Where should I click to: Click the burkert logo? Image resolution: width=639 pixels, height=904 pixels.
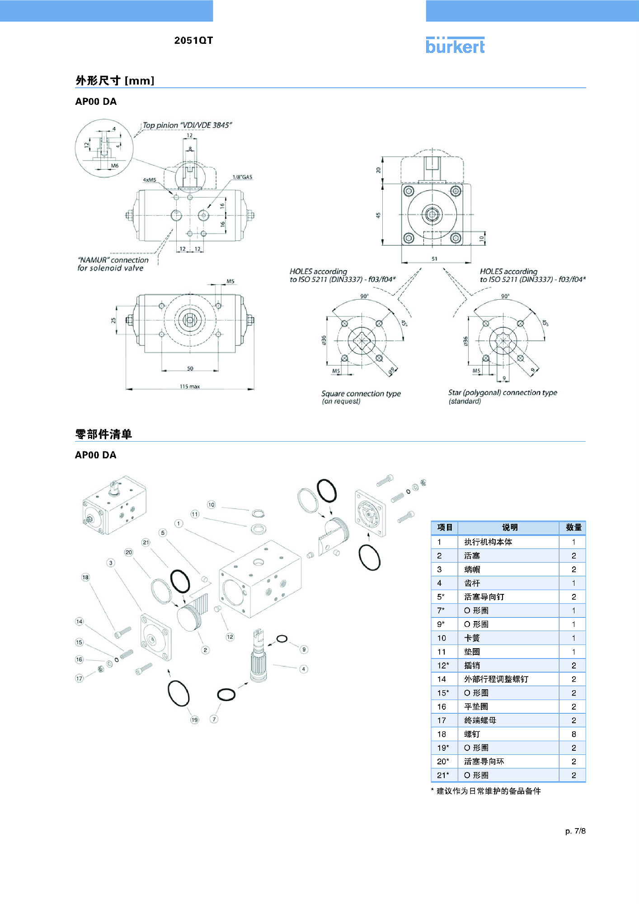tap(455, 46)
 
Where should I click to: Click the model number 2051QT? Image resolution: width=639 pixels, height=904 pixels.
tap(193, 41)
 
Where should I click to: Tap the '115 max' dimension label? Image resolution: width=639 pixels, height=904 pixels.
tap(190, 386)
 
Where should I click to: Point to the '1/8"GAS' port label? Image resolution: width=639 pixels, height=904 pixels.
tap(242, 177)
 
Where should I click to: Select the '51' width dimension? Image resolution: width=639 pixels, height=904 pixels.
tap(434, 259)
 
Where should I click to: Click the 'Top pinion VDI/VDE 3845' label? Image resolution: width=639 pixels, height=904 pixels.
tap(187, 125)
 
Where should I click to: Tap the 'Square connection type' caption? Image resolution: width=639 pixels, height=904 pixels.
tap(361, 394)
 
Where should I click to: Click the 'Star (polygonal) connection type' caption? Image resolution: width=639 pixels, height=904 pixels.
tap(503, 393)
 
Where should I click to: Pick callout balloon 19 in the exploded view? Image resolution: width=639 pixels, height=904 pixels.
tap(194, 720)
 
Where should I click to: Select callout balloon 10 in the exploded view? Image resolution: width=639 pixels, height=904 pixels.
tap(211, 505)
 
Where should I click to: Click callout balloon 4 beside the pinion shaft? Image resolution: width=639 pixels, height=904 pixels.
tap(304, 669)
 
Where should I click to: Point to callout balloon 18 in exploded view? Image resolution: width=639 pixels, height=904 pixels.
tap(85, 577)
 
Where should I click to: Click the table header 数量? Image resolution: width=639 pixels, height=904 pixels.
tap(573, 527)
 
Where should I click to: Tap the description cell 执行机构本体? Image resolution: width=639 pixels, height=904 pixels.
tap(488, 542)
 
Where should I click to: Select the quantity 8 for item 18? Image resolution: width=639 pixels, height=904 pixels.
tap(573, 734)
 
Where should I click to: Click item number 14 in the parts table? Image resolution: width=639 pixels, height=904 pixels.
tap(442, 679)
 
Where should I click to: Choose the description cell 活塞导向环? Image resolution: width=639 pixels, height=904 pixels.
tap(484, 762)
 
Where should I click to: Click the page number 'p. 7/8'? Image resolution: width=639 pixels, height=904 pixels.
tap(575, 831)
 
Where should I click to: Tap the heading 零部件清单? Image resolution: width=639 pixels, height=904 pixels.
tap(103, 434)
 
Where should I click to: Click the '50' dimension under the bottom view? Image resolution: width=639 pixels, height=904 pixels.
tap(190, 369)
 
